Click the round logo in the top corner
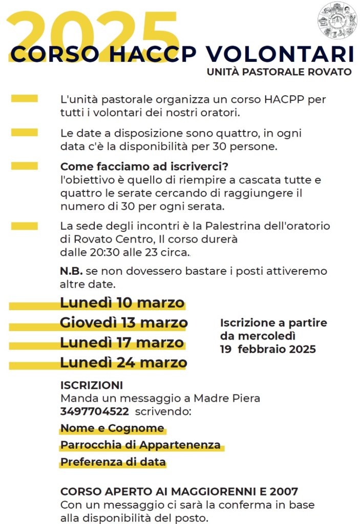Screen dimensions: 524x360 [x=336, y=20]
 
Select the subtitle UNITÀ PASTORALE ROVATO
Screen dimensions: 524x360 [x=279, y=72]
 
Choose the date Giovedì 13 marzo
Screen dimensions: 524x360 [x=123, y=323]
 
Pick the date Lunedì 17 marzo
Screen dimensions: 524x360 [x=122, y=342]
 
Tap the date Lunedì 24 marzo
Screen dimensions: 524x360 [x=123, y=363]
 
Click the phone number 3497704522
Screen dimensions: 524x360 [x=94, y=411]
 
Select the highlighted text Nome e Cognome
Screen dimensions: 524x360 [x=112, y=428]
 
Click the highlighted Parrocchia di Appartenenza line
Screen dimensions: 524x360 [x=140, y=445]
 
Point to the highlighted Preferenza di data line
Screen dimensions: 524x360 [x=113, y=462]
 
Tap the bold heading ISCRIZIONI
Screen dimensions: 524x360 [x=92, y=385]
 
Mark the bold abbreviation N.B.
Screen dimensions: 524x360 [x=71, y=271]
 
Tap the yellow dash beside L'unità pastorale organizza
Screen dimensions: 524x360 [x=24, y=98]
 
